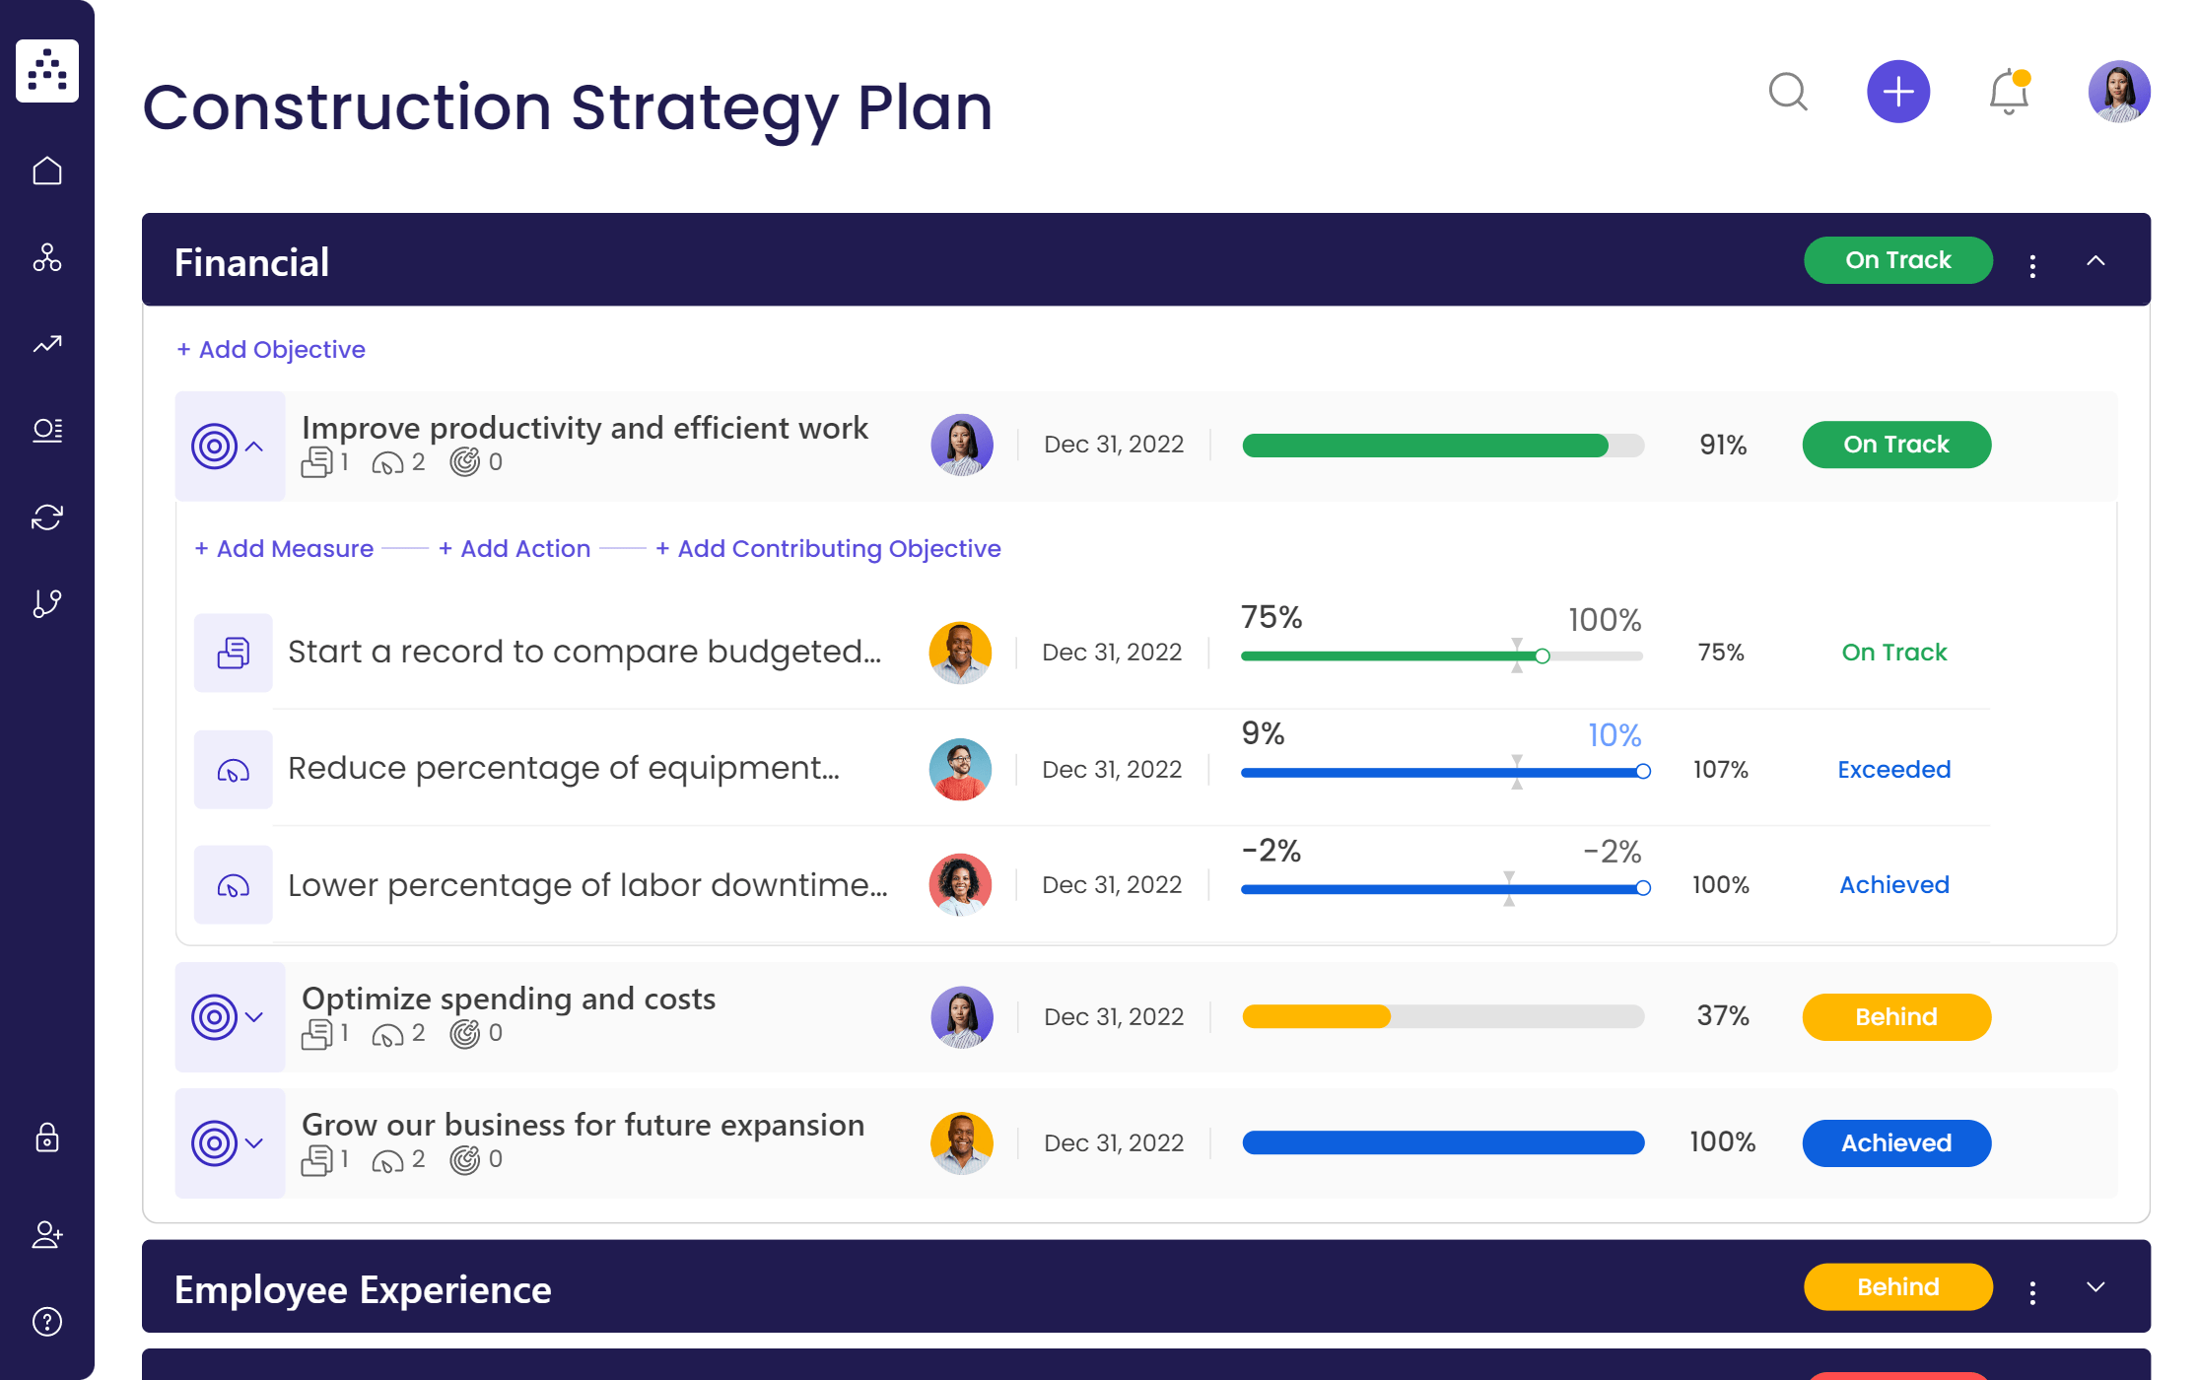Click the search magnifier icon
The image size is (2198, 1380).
1787,92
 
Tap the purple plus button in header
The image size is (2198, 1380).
1897,92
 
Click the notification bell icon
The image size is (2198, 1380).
2008,93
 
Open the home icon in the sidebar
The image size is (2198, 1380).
47,172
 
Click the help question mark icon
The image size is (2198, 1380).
47,1321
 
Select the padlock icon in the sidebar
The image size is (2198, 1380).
47,1138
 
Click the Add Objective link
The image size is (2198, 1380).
271,350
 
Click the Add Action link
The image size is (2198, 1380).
515,549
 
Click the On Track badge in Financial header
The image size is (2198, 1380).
1897,260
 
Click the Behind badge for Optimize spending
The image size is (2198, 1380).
1895,1017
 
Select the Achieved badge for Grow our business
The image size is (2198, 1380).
1895,1143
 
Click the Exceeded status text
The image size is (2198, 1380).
1893,770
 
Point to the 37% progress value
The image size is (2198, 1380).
1722,1016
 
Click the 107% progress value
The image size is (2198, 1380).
1720,770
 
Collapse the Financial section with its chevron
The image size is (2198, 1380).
2095,261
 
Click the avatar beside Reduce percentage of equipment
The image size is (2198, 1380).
959,770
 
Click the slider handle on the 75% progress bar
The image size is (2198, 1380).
1542,656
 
